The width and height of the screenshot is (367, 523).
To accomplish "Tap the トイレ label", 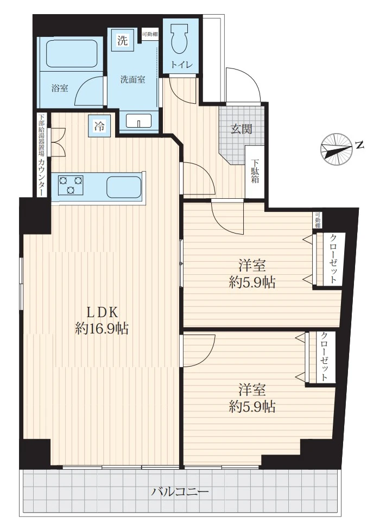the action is coord(181,65).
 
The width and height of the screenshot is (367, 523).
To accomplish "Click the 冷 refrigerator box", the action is coord(99,126).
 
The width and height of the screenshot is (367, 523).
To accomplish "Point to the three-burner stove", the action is coord(71,185).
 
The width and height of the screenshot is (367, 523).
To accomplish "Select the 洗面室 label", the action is coord(132,80).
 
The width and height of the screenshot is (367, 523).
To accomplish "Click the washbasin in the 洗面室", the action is coord(139,121).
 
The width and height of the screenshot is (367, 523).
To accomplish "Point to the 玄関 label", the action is coord(242,129).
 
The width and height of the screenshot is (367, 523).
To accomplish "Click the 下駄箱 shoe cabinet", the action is coord(255,172).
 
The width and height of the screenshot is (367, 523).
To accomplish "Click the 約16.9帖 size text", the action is coord(102,329).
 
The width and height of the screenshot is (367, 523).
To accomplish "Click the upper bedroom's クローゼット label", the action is coord(333,259).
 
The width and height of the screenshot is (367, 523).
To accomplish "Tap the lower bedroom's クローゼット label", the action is coord(324,356).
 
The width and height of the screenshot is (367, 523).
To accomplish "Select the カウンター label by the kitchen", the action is coord(42,178).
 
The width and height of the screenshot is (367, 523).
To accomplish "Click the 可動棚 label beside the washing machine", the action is coord(150,34).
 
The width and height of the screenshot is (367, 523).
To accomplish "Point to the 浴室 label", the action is coord(60,89).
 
